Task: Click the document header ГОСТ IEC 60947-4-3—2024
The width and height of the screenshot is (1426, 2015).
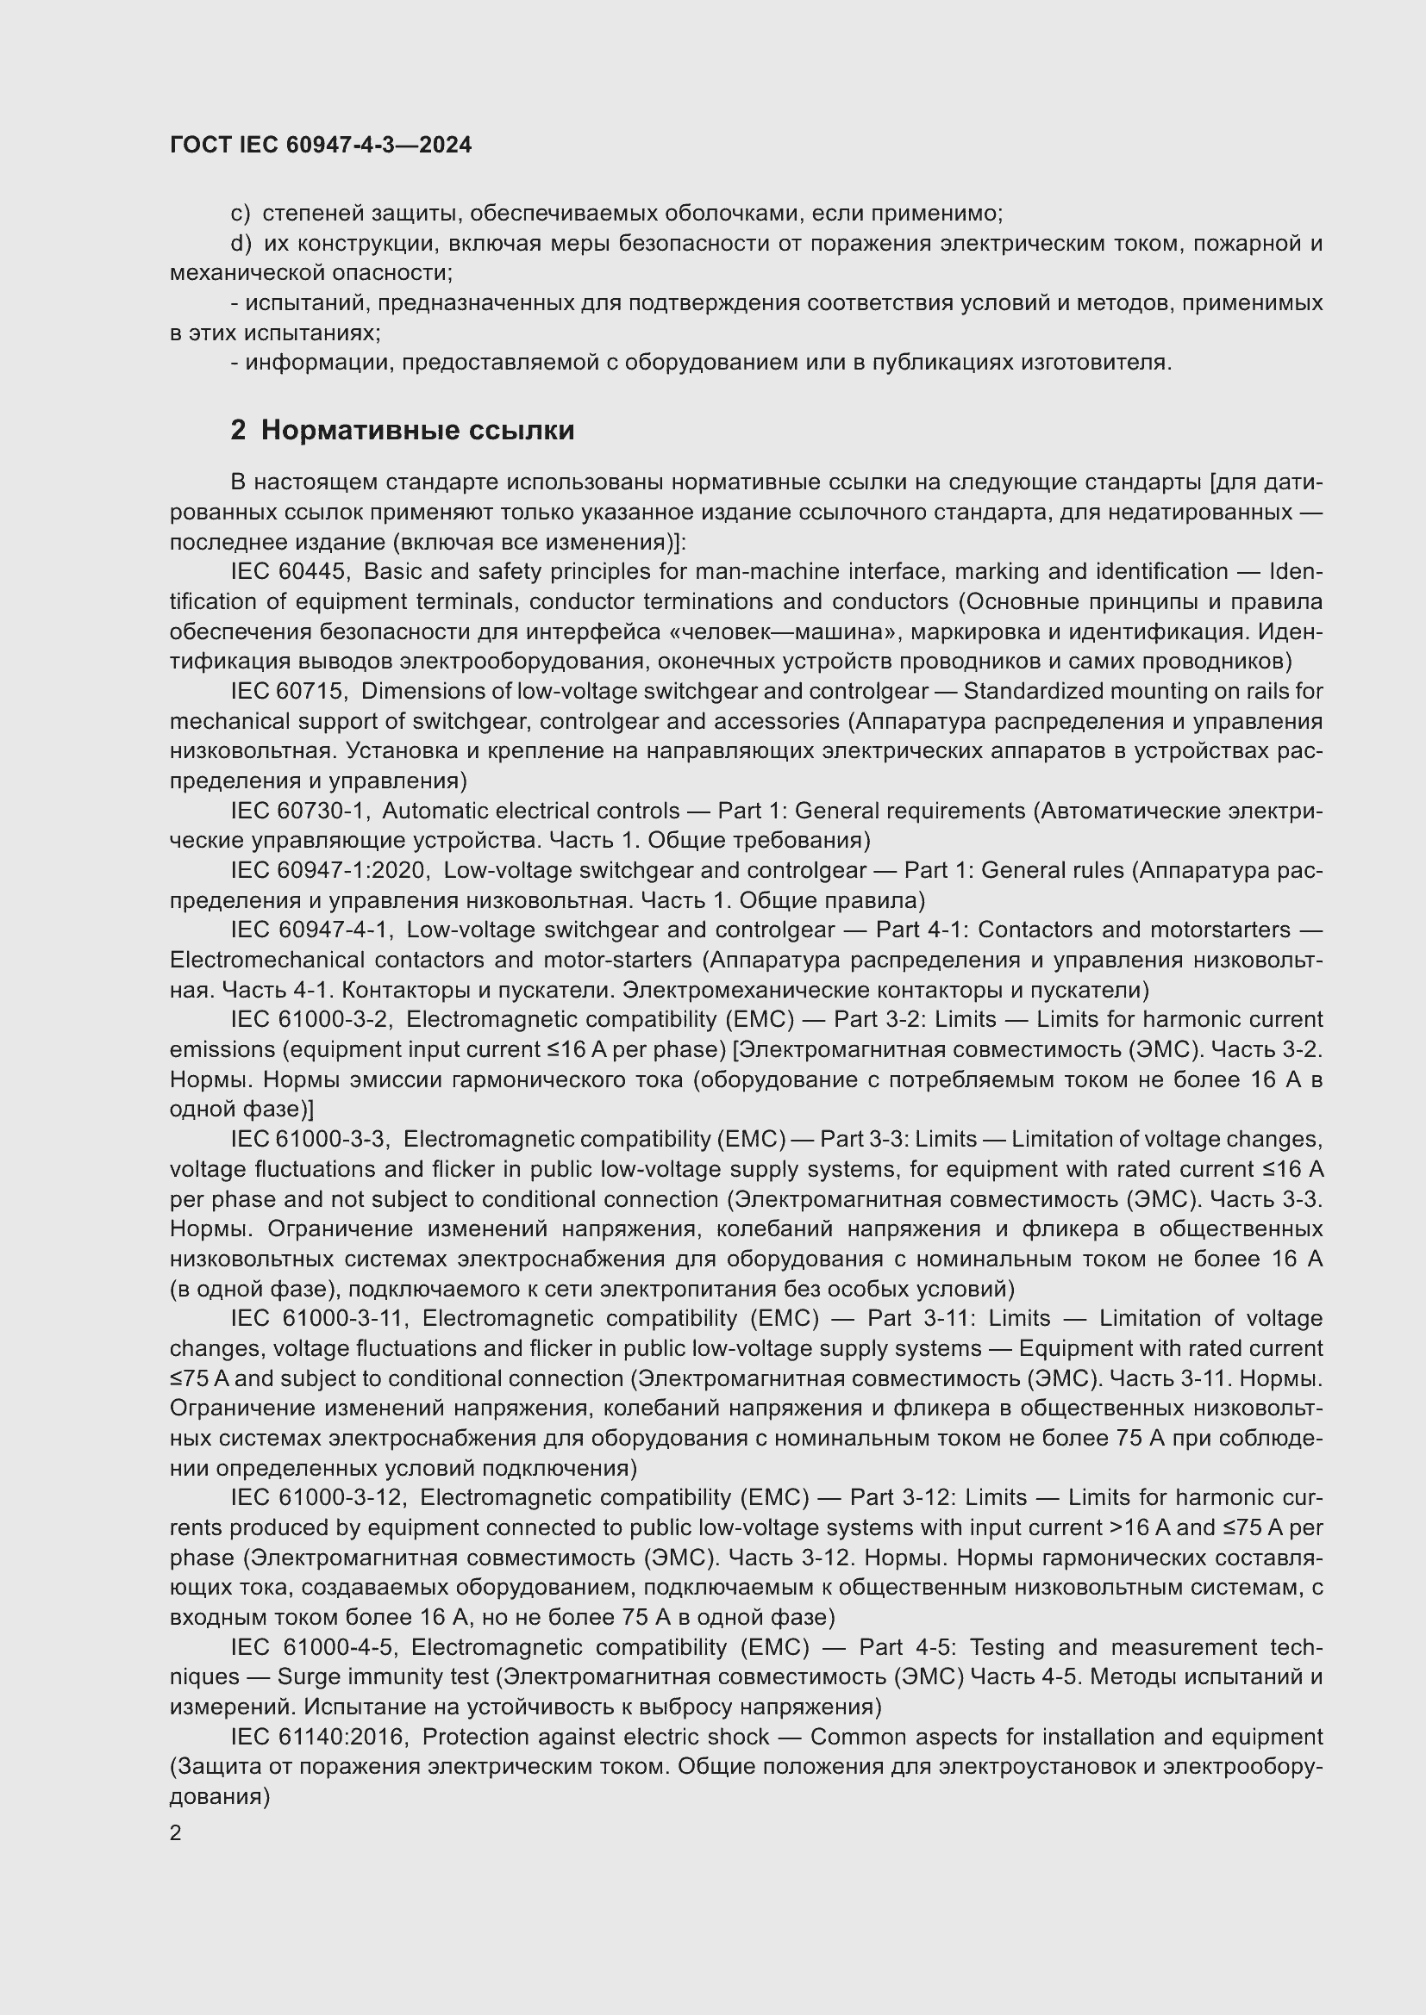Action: pos(321,145)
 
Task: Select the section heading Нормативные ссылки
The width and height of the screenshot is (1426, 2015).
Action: pos(417,430)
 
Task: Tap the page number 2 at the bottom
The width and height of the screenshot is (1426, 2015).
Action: pos(176,1832)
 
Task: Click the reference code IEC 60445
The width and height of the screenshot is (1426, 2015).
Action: pos(290,571)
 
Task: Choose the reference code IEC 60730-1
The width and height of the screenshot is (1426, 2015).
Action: pos(299,810)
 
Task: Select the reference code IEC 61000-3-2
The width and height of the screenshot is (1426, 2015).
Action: pos(312,1019)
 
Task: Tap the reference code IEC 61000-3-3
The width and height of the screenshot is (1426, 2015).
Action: pos(310,1138)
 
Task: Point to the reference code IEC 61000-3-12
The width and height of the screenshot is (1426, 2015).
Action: pos(319,1496)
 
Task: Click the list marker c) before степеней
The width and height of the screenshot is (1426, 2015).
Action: pos(240,214)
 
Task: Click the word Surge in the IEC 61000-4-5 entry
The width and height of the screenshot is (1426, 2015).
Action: pos(308,1676)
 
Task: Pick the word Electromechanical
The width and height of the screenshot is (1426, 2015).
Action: pos(267,959)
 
